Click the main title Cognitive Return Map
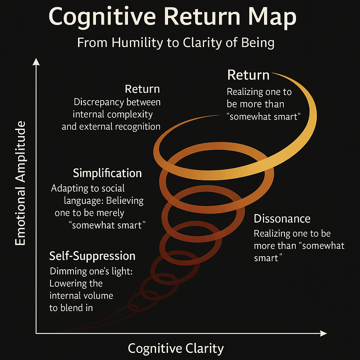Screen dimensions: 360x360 coord(172,17)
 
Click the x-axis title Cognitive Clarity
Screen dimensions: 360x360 coord(175,348)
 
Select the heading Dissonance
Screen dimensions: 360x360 coord(282,219)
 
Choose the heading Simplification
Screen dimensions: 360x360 coord(107,173)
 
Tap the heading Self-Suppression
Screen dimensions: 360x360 coord(92,256)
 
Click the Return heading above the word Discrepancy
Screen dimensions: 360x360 coord(142,89)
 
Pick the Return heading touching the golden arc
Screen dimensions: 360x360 coord(248,75)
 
